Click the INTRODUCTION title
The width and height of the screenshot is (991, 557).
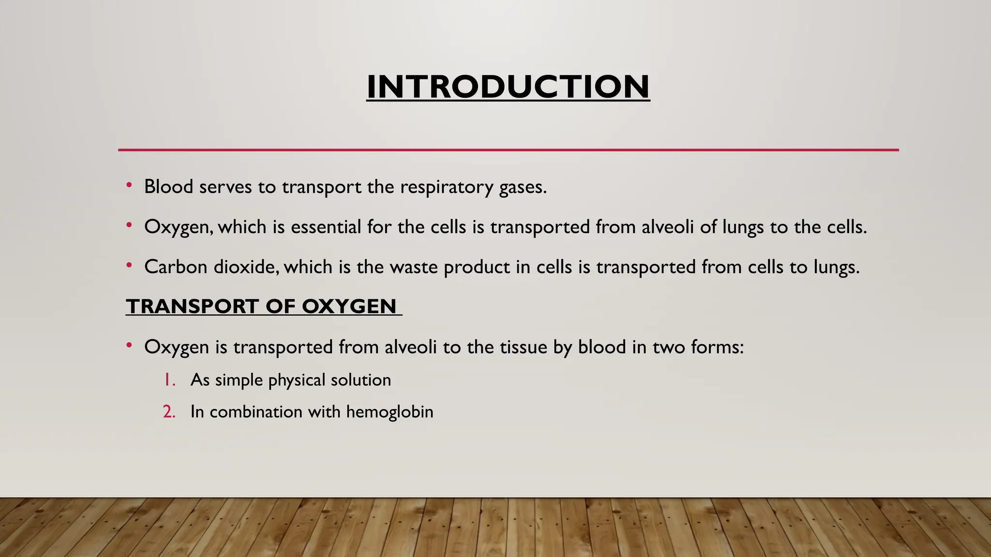click(x=508, y=87)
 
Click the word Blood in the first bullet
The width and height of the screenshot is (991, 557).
click(x=169, y=187)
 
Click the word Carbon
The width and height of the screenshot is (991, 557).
click(x=176, y=267)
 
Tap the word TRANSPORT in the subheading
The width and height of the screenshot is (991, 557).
click(x=193, y=307)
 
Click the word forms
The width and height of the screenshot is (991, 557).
click(x=717, y=347)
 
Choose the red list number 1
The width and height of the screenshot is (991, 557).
click(x=169, y=380)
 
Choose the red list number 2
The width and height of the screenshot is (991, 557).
click(x=169, y=412)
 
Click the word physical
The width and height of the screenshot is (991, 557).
click(x=297, y=381)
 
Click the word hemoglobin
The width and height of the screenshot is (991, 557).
click(x=390, y=412)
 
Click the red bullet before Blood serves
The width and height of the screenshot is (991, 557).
click(x=129, y=185)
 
